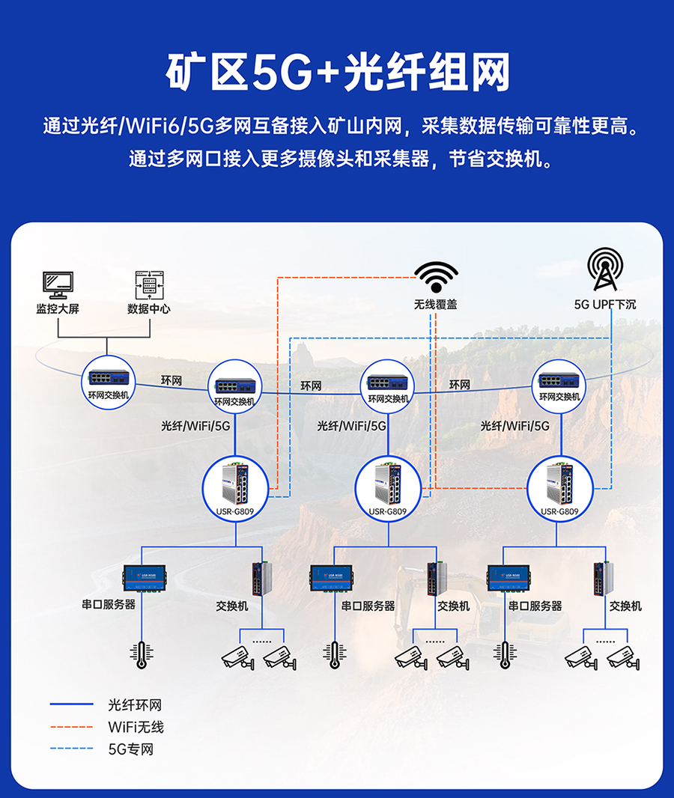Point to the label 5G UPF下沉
604,305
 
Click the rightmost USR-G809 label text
559,512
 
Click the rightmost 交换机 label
625,606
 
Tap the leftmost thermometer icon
140,654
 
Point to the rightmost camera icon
624,657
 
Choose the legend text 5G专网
131,749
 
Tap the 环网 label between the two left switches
171,381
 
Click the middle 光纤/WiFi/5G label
352,426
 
